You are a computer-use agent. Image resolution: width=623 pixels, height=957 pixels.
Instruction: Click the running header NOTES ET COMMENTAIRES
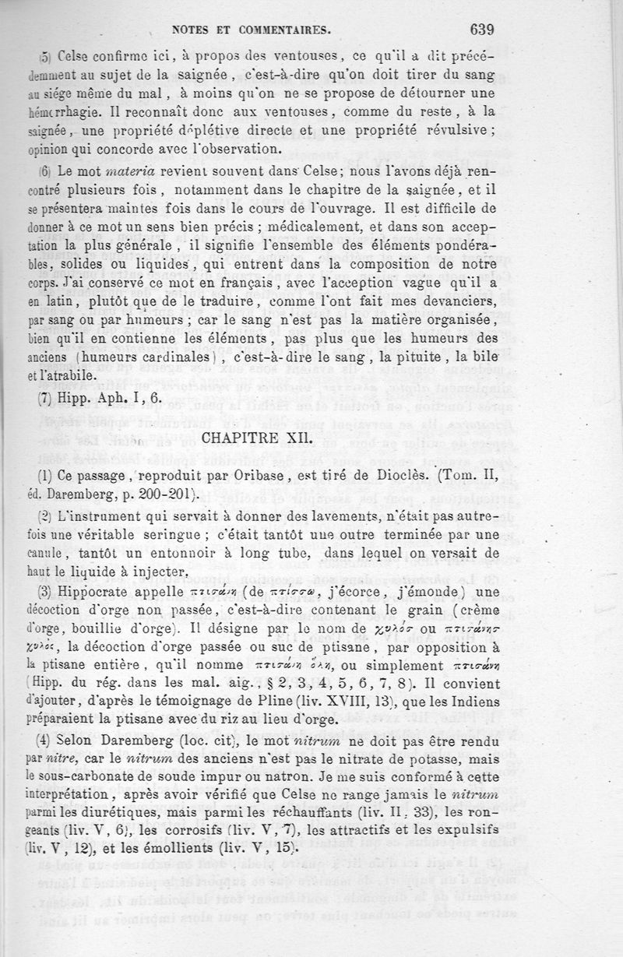252,32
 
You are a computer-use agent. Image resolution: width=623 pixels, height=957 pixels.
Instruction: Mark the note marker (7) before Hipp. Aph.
44,396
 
